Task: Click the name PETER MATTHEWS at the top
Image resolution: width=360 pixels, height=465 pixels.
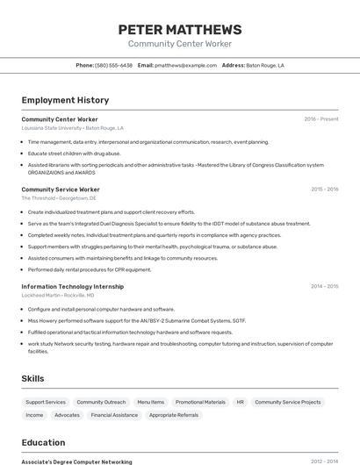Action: click(x=180, y=30)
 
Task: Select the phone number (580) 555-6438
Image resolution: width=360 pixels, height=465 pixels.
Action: click(x=113, y=65)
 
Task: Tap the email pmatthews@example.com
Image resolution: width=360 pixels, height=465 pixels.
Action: click(x=185, y=65)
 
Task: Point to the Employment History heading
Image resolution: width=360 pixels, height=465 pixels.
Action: click(x=65, y=100)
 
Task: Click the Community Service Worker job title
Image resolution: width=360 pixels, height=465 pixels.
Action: click(x=61, y=190)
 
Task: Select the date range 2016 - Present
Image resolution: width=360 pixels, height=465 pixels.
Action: click(x=320, y=119)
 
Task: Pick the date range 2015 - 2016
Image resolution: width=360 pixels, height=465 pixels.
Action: click(x=324, y=190)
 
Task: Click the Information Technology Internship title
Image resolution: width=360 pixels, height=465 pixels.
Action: click(x=73, y=286)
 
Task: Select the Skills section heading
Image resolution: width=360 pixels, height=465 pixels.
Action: click(x=33, y=378)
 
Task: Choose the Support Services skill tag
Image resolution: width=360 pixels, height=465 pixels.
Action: click(x=46, y=402)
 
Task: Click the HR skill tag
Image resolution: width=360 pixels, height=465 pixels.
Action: click(x=241, y=402)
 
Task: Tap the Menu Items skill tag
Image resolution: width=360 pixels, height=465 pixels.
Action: click(x=150, y=402)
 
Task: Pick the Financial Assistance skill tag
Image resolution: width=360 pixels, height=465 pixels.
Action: click(x=114, y=415)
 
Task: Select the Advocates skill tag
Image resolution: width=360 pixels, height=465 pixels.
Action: click(x=67, y=415)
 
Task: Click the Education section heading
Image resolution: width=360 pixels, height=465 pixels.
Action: click(x=43, y=442)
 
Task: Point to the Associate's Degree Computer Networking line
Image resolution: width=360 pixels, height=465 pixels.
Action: click(x=76, y=461)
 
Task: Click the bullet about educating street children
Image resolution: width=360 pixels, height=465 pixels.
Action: click(x=74, y=153)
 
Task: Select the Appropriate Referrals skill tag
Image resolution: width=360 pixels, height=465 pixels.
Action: click(x=174, y=415)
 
